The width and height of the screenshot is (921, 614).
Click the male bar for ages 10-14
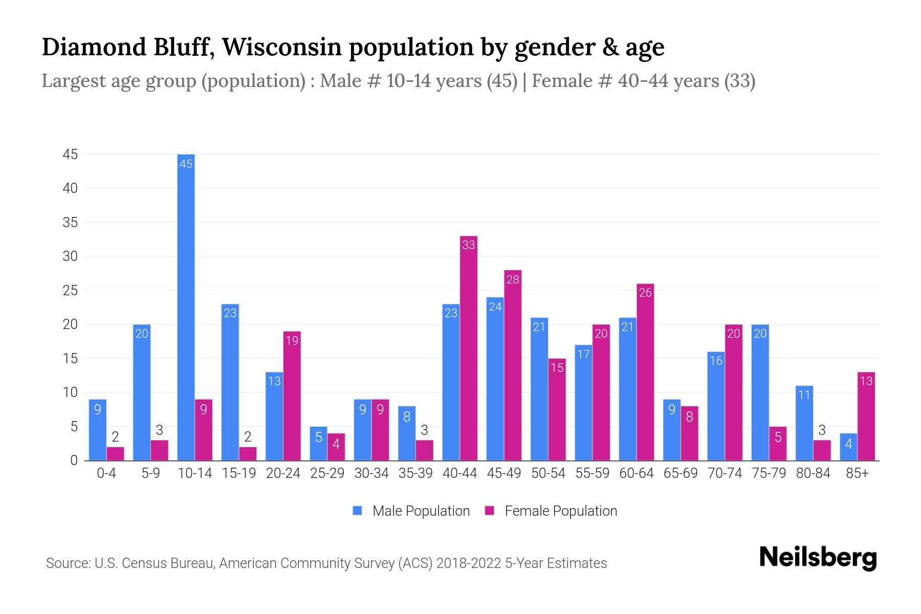[186, 307]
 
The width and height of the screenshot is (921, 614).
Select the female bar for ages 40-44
[468, 348]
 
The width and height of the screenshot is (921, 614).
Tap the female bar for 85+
[866, 416]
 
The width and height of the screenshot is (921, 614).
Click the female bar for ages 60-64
[645, 372]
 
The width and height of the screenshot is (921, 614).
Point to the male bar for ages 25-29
[318, 444]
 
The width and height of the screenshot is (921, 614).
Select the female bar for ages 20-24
[292, 396]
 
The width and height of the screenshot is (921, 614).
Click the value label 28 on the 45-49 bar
[513, 279]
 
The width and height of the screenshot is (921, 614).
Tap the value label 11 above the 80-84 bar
[804, 394]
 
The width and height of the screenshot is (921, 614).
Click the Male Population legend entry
[411, 511]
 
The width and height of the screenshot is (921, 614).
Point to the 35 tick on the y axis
[70, 223]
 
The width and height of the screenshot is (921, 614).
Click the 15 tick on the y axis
[70, 359]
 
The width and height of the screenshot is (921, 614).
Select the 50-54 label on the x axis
[548, 473]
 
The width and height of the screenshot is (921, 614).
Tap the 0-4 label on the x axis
[106, 473]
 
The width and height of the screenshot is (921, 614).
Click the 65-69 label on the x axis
[681, 473]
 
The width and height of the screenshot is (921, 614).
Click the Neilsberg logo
[818, 558]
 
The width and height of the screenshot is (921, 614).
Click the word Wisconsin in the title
[281, 47]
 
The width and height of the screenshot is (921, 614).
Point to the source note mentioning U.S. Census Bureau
[326, 563]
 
